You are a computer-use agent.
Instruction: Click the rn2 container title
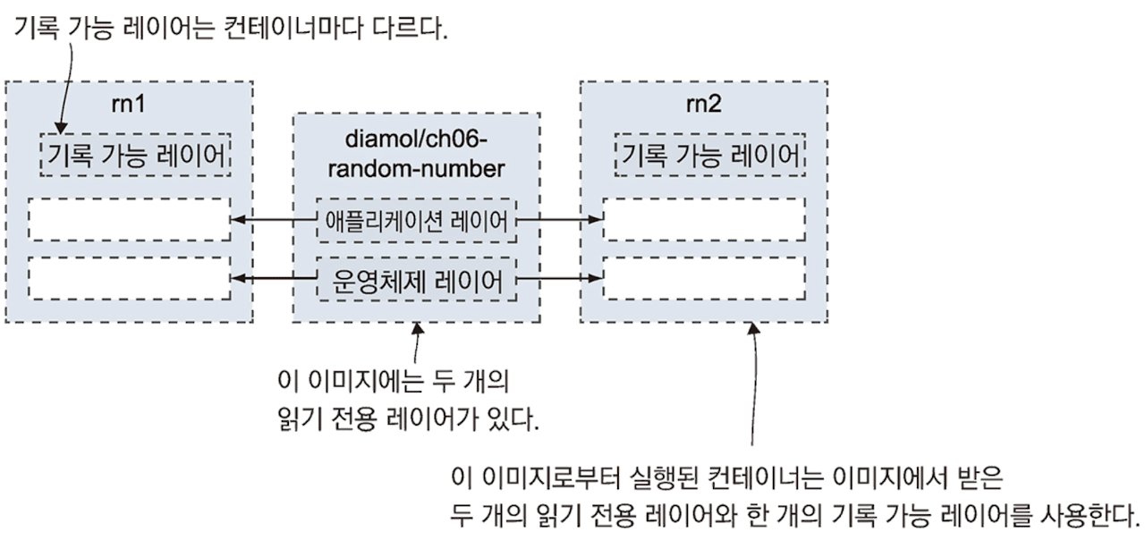click(703, 105)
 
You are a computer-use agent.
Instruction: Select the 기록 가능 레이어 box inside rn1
click(136, 156)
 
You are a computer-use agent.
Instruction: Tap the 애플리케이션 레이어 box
click(417, 220)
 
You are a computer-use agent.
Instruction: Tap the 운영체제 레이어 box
click(417, 280)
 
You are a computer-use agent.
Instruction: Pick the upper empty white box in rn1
click(129, 220)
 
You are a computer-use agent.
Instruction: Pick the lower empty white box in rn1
click(129, 278)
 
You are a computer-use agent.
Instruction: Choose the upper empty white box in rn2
click(703, 220)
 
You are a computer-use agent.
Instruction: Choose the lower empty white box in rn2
click(703, 278)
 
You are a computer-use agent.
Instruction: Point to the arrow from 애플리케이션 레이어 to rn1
click(274, 220)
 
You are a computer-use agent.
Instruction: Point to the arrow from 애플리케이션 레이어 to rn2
click(560, 220)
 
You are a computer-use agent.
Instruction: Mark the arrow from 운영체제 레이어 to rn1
click(274, 279)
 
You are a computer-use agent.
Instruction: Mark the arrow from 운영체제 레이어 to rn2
click(560, 279)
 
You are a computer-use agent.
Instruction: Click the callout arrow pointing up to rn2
click(753, 384)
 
